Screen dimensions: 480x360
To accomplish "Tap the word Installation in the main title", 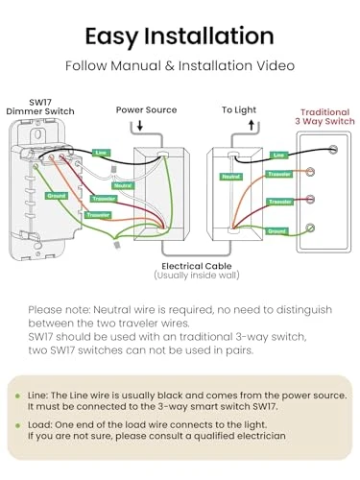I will click(x=213, y=36).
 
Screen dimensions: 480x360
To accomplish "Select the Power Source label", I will click(x=146, y=109).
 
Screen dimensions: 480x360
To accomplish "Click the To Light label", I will click(x=240, y=109).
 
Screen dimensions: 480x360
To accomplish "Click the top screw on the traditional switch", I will click(x=332, y=149).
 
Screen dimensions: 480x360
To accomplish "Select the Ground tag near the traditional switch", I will click(x=276, y=231).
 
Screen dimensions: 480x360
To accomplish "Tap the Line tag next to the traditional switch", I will click(x=278, y=155).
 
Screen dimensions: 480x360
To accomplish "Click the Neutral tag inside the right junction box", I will click(x=230, y=177).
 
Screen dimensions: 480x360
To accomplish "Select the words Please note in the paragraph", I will click(x=56, y=310).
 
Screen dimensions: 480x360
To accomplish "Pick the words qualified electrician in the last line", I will click(x=230, y=435).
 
